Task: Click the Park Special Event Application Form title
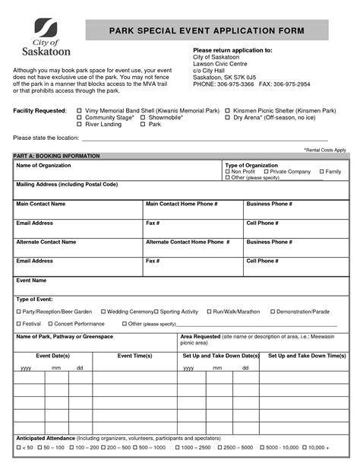206,30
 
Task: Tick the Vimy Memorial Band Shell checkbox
80,110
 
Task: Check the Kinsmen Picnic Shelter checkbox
227,110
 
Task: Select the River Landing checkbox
80,124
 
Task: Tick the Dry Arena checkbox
227,117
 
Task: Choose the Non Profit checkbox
227,172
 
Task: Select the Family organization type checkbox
322,172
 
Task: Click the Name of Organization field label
43,165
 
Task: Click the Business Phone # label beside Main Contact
269,204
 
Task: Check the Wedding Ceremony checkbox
102,312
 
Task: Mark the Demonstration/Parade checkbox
273,312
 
